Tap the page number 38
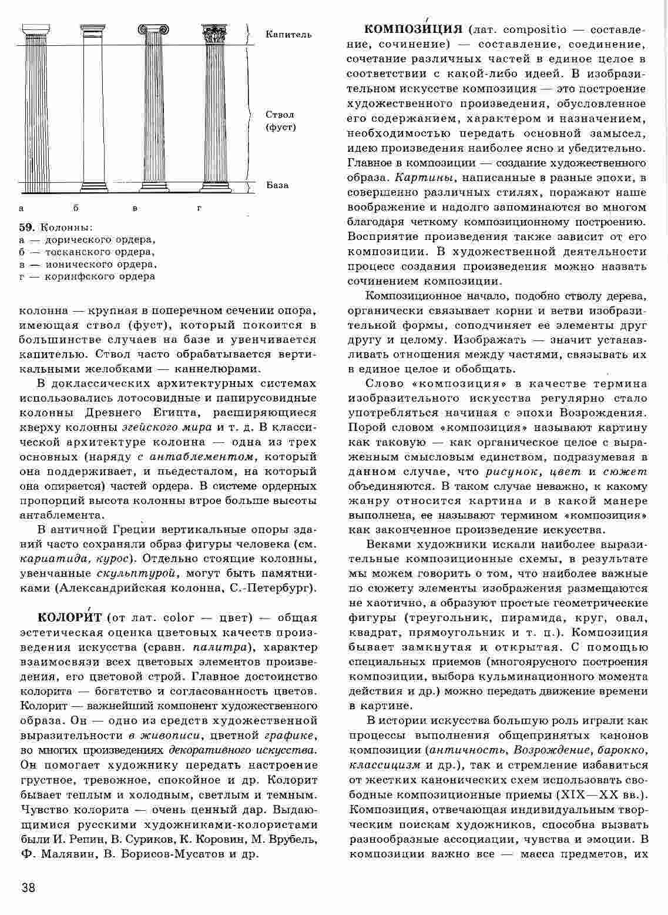[x=28, y=887]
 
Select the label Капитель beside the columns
[x=288, y=35]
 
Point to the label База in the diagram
[x=277, y=185]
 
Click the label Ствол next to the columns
[x=279, y=115]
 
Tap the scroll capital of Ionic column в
[x=153, y=29]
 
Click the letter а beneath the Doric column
[x=22, y=208]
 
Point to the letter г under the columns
[x=199, y=208]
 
